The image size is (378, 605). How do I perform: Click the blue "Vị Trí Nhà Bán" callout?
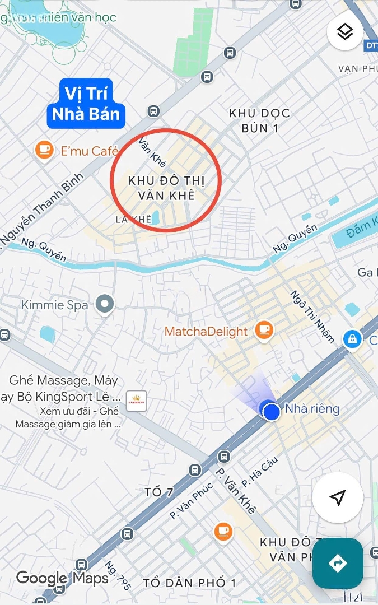[x=86, y=104]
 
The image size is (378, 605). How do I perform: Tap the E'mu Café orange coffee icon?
[x=44, y=150]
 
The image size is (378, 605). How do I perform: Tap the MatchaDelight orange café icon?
[x=264, y=330]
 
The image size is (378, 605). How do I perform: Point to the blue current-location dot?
[x=272, y=412]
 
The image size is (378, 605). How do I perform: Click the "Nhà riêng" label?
[x=312, y=409]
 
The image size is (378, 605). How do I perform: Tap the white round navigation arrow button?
[x=337, y=497]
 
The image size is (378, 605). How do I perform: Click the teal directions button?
[x=338, y=563]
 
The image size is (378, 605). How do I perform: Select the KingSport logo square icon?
[x=137, y=401]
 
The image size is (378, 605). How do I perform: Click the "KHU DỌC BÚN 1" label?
[x=260, y=120]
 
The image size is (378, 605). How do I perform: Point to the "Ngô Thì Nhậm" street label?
[x=312, y=317]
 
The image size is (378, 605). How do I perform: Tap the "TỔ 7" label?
[x=159, y=492]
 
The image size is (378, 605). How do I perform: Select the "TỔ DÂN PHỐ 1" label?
[x=189, y=583]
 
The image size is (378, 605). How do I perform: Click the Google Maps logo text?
[x=62, y=578]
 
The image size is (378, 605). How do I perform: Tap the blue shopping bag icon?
[x=352, y=338]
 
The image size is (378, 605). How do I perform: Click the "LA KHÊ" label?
[x=133, y=220]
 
